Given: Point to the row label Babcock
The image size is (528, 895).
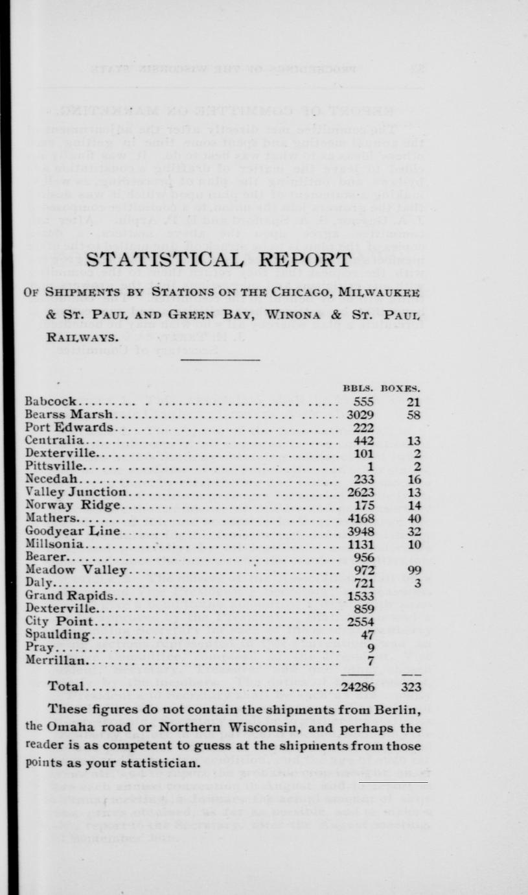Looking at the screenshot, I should (51, 401).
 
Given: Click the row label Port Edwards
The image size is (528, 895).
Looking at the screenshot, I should (69, 427).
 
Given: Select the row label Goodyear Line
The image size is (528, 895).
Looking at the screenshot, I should (73, 531).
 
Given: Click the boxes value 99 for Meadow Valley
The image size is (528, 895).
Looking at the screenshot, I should (415, 570).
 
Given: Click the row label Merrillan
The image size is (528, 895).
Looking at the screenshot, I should (55, 661).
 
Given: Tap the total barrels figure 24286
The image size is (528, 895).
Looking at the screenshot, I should (358, 687).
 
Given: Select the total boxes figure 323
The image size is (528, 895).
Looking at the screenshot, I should (411, 687).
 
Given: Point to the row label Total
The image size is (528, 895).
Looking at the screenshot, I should (67, 687).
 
